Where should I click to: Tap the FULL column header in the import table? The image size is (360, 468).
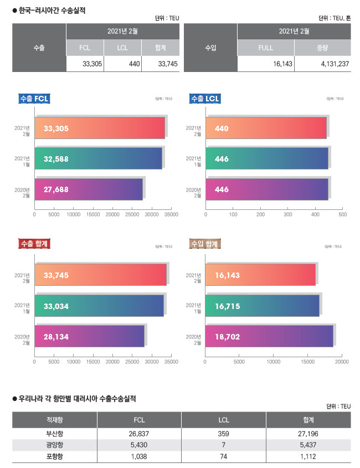[x=266, y=48]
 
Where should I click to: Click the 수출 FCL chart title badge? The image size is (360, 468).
[x=34, y=99]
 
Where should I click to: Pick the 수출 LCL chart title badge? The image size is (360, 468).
[x=205, y=99]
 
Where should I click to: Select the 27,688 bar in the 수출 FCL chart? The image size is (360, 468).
[x=89, y=189]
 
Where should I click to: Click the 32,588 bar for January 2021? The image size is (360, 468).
[x=98, y=159]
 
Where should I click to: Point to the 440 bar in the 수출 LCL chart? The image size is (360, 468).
[x=266, y=128]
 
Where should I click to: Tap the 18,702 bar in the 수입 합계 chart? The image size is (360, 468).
[x=269, y=336]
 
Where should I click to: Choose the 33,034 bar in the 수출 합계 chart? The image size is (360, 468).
[x=99, y=306]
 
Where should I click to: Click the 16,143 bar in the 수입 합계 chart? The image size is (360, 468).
[x=260, y=275]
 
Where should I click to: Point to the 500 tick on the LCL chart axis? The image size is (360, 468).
[x=342, y=214]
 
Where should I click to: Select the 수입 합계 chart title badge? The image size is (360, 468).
[x=205, y=243]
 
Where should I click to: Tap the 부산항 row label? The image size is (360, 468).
[x=55, y=433]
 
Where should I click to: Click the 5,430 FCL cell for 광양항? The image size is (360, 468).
[x=139, y=445]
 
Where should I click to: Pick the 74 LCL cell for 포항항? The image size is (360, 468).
[x=224, y=456]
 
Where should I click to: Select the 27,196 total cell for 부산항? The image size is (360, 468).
[x=308, y=433]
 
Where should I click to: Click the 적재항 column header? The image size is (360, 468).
[x=55, y=420]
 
